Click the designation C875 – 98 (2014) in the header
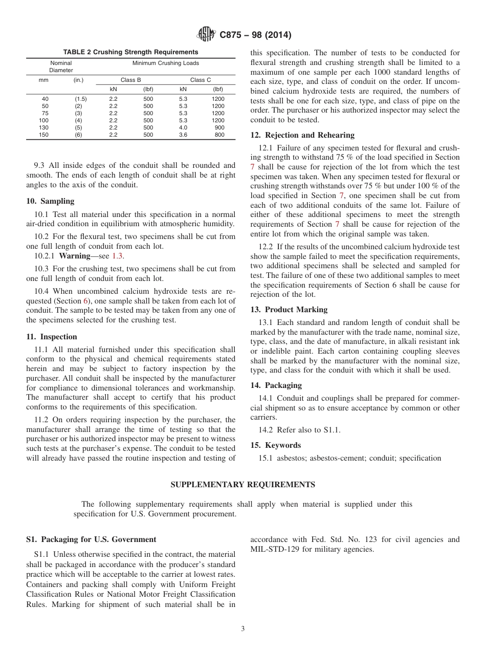255,35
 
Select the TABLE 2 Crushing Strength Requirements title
130,52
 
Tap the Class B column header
130,80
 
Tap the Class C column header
201,80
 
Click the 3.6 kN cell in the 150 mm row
183,135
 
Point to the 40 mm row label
45,98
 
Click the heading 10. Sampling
50,201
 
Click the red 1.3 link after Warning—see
118,256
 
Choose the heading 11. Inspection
52,337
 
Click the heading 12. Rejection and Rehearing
302,135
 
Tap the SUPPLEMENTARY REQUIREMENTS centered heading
242,485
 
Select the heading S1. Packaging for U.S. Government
91,539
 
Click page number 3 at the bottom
242,629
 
